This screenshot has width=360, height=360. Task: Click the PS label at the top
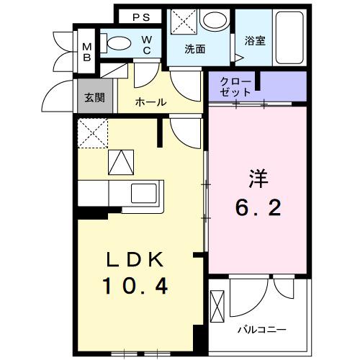[140, 16]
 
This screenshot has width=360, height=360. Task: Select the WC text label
[146, 45]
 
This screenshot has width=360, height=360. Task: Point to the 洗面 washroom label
[194, 50]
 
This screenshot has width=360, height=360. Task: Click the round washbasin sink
[214, 19]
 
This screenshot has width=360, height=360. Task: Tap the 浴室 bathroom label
[255, 40]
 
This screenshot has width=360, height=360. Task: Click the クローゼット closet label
[238, 86]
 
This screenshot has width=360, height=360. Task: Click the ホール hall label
[151, 102]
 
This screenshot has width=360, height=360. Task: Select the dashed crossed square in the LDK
[92, 132]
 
